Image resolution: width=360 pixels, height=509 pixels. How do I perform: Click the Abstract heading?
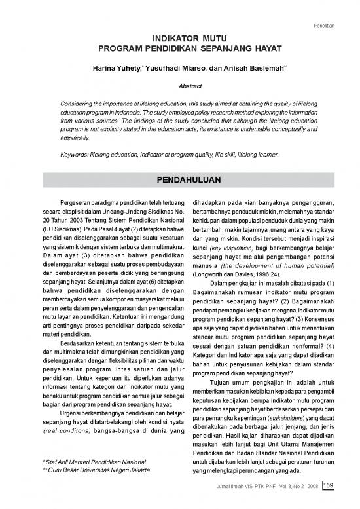click(180, 85)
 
